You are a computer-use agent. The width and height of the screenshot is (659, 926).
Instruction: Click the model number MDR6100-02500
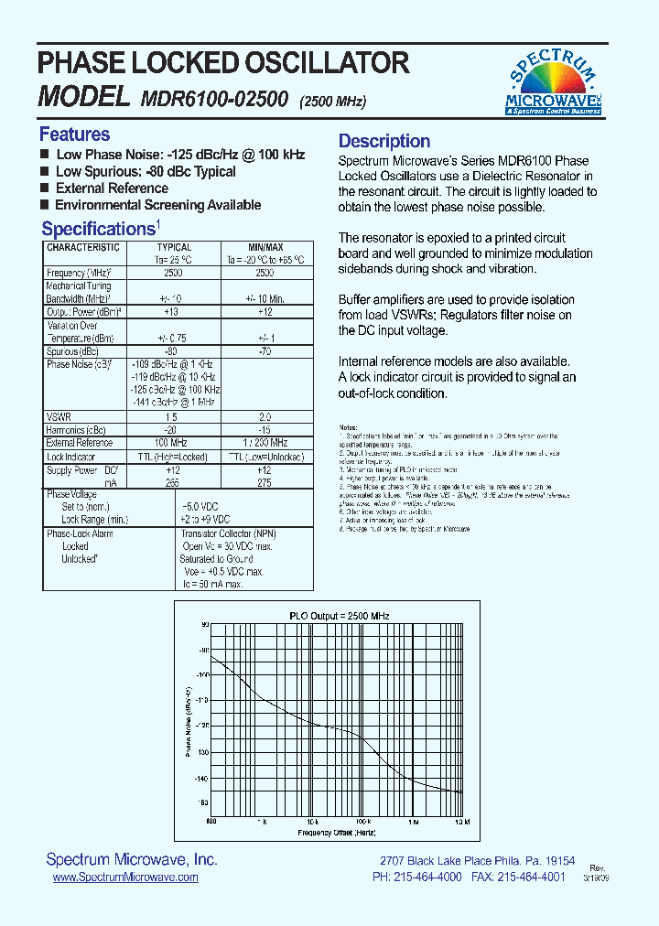pyautogui.click(x=214, y=98)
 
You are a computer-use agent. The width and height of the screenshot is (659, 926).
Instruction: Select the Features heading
pyautogui.click(x=74, y=135)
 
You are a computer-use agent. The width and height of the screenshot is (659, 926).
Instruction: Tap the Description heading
pyautogui.click(x=384, y=141)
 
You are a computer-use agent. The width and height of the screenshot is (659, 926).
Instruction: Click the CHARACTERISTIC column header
pyautogui.click(x=83, y=248)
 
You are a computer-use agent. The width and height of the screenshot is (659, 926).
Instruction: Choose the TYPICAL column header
pyautogui.click(x=174, y=248)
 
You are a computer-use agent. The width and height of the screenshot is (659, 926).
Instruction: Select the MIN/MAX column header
pyautogui.click(x=265, y=248)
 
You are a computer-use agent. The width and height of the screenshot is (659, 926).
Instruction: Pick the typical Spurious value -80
pyautogui.click(x=169, y=351)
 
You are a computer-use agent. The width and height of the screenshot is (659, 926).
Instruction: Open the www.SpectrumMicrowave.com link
pyautogui.click(x=125, y=877)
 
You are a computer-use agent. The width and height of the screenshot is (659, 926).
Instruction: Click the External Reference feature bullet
pyautogui.click(x=112, y=188)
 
